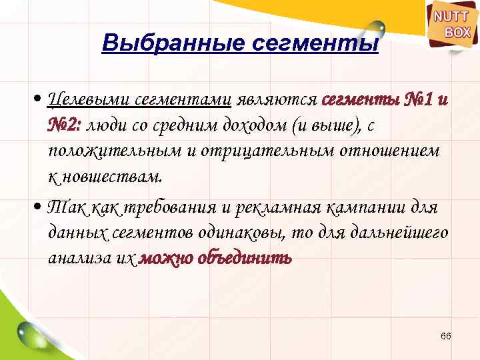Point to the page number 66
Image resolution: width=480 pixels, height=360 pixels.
pyautogui.click(x=446, y=336)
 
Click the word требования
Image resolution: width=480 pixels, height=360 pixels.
pyautogui.click(x=171, y=208)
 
